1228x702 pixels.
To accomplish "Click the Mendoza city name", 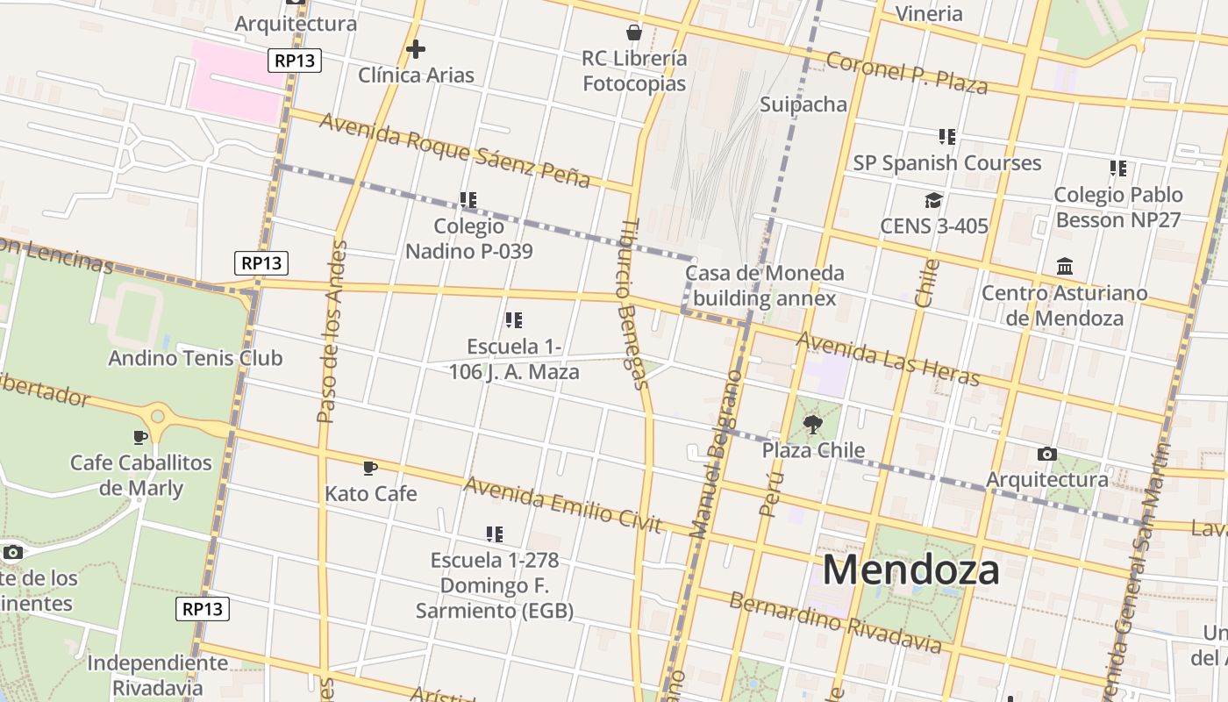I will point(910,569).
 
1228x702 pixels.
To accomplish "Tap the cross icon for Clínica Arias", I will point(416,49).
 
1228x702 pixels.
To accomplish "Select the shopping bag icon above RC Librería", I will point(634,33).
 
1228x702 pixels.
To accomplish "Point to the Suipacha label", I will point(803,105).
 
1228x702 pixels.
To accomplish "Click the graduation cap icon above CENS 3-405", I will point(933,201).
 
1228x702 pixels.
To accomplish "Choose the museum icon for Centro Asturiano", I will point(1065,267).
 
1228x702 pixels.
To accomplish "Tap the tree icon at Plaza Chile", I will point(813,426).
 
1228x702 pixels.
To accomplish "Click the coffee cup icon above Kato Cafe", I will point(370,468).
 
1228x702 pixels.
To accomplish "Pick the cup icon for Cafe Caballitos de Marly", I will point(139,437).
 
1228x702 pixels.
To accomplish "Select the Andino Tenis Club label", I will point(195,358).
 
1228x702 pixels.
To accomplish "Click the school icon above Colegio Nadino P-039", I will point(468,200).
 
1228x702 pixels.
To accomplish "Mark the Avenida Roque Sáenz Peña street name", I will point(454,149).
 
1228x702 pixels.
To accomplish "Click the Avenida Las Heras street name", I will point(887,358).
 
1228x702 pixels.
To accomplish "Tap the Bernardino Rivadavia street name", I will point(835,623).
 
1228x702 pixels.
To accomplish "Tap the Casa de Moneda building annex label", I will point(764,286).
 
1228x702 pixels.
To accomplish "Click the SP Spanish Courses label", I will point(947,163).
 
